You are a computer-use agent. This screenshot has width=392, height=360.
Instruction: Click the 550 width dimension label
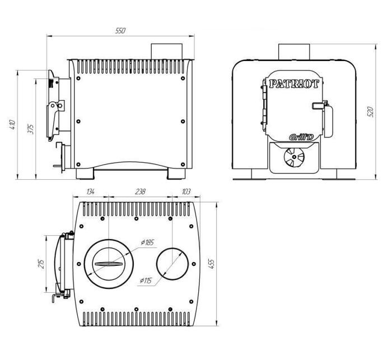tap(120, 31)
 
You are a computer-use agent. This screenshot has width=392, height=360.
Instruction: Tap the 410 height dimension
tap(12, 124)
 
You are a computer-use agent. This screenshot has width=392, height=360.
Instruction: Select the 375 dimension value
tap(31, 129)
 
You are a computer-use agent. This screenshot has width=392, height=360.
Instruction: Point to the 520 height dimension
tap(371, 112)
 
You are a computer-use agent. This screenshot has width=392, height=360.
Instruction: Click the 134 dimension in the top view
tap(91, 191)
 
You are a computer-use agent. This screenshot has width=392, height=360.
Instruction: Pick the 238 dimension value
tap(140, 191)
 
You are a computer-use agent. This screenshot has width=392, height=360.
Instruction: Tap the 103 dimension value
tap(186, 191)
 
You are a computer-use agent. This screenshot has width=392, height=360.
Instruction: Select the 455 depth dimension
tap(212, 264)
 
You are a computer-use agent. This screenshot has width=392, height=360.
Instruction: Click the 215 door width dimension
tap(41, 264)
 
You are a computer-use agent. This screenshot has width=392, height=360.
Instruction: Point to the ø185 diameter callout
tap(147, 242)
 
